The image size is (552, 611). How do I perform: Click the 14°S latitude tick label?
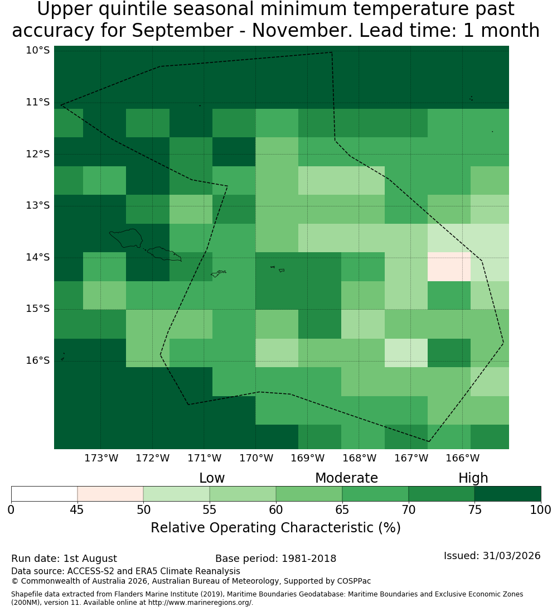[x=38, y=257]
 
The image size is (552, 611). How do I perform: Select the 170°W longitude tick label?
[x=256, y=458]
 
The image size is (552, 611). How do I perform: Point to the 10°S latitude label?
[x=38, y=50]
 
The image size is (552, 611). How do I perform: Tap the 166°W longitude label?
[x=462, y=458]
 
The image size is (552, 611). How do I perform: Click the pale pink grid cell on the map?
[x=449, y=267]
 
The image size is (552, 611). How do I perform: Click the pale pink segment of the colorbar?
[x=110, y=494]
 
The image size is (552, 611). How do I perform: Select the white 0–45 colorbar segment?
[x=45, y=494]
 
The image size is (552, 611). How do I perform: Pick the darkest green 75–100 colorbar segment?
[x=507, y=494]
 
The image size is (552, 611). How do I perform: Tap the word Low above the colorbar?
[x=212, y=478]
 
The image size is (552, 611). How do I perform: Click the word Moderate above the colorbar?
[x=346, y=478]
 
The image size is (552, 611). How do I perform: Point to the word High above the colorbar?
[x=473, y=478]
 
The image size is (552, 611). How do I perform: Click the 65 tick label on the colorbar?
[x=342, y=509]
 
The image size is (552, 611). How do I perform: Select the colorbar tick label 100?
[x=541, y=509]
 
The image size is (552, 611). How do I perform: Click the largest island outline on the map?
[x=126, y=238]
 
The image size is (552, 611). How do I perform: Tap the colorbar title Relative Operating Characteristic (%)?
[x=275, y=528]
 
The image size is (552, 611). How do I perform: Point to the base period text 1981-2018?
[x=309, y=559]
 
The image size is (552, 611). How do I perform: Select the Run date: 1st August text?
[x=64, y=559]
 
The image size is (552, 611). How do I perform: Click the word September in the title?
[x=182, y=30]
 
